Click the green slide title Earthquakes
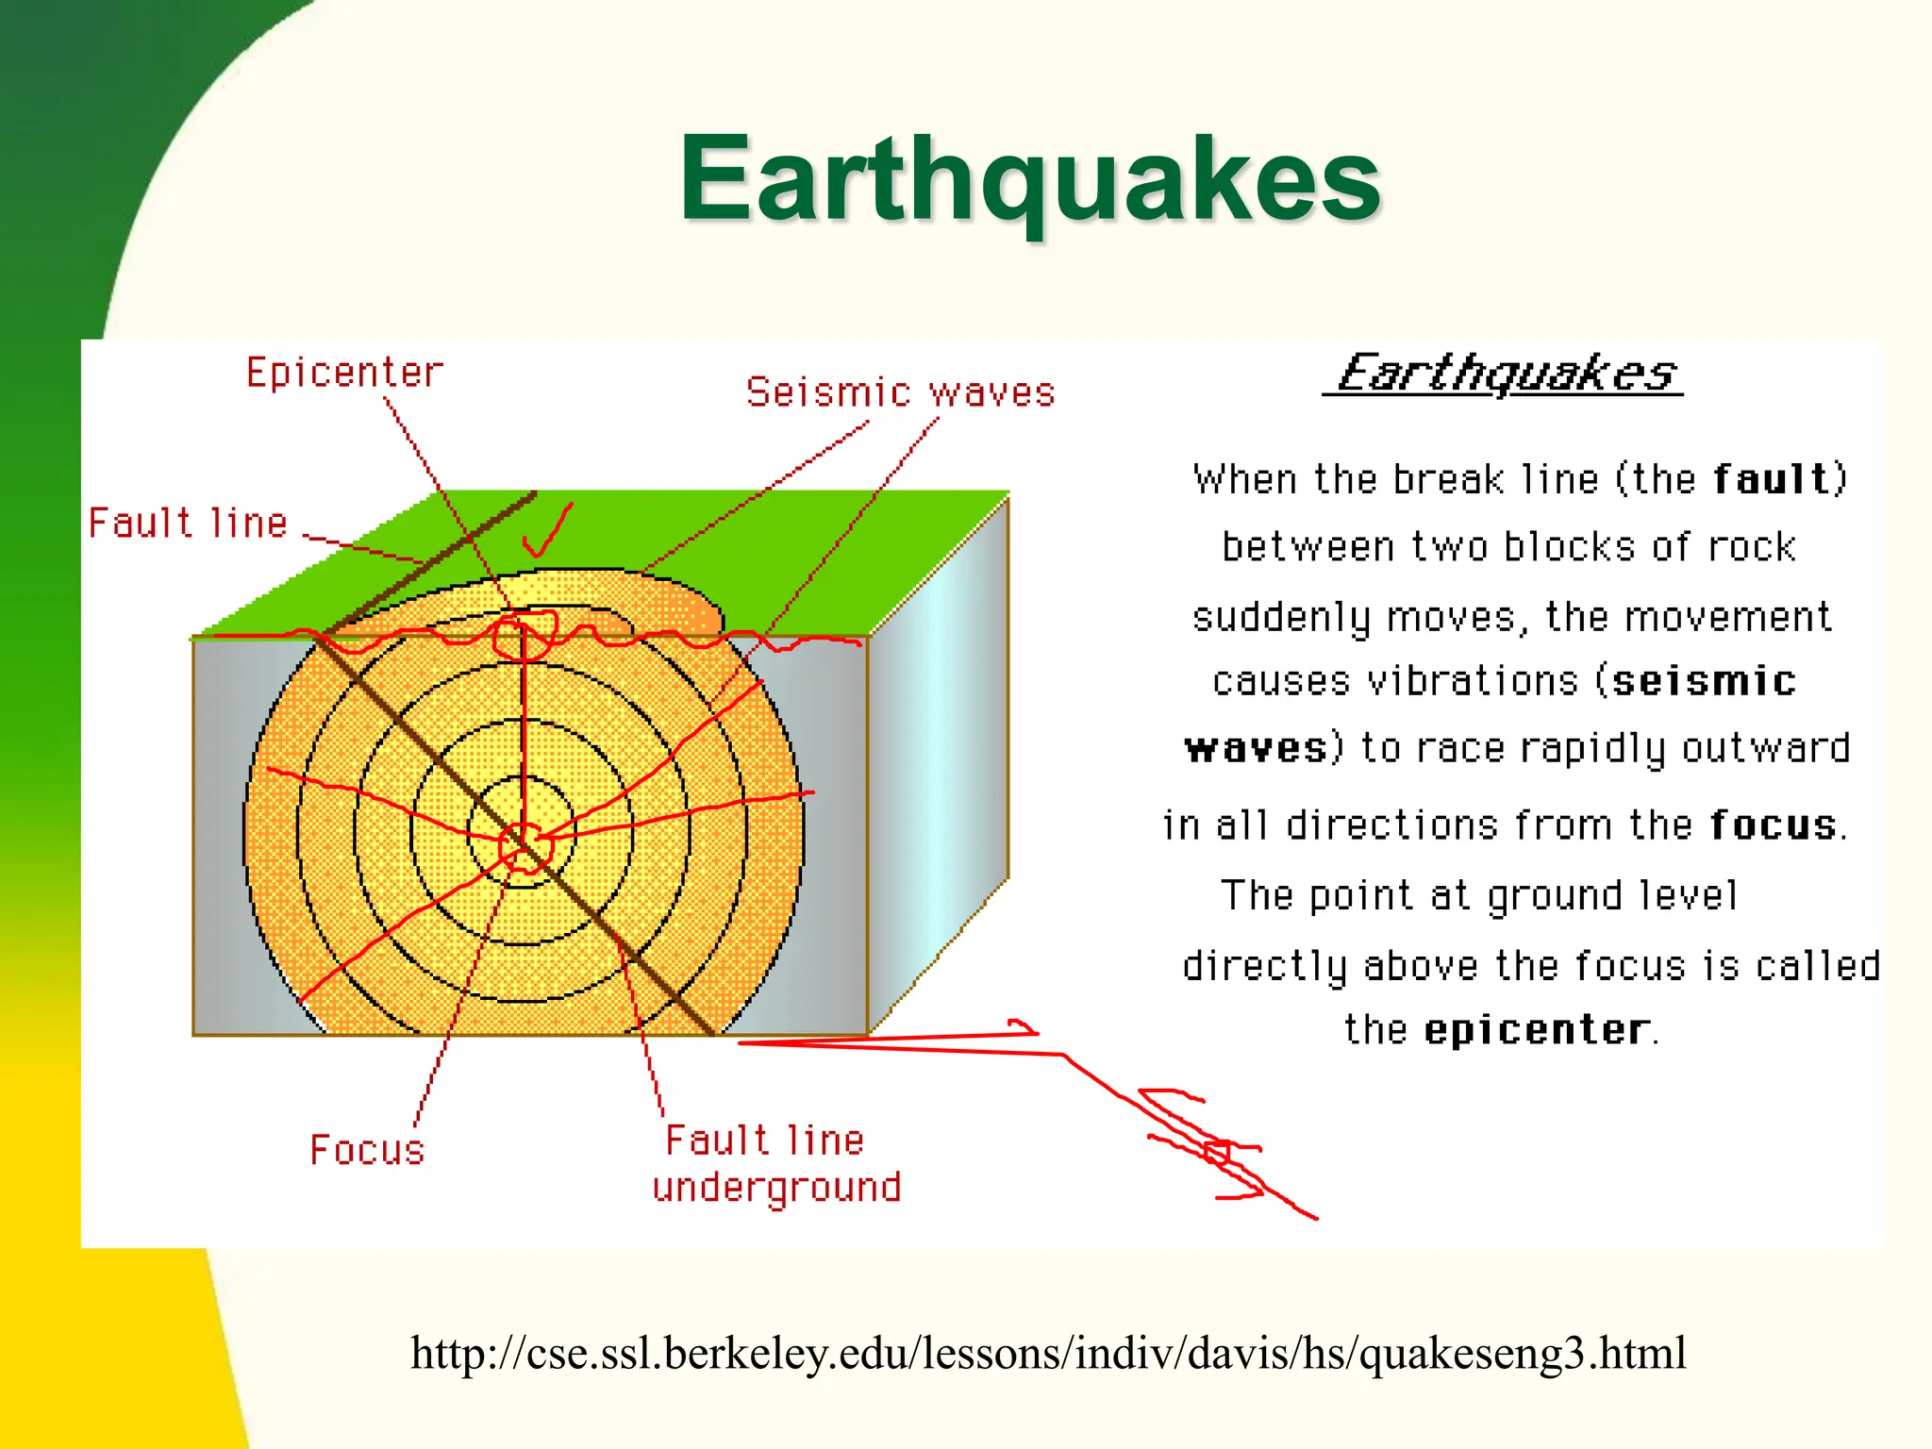(1030, 179)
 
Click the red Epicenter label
(344, 374)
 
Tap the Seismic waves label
(900, 392)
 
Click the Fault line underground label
(775, 1164)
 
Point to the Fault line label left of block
(188, 524)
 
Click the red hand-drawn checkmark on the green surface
(547, 533)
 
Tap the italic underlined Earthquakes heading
(1504, 374)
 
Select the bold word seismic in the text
(1704, 681)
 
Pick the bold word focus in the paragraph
(1774, 825)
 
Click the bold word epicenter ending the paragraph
(1538, 1029)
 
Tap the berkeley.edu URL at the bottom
(1047, 1353)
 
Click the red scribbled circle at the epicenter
(525, 634)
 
